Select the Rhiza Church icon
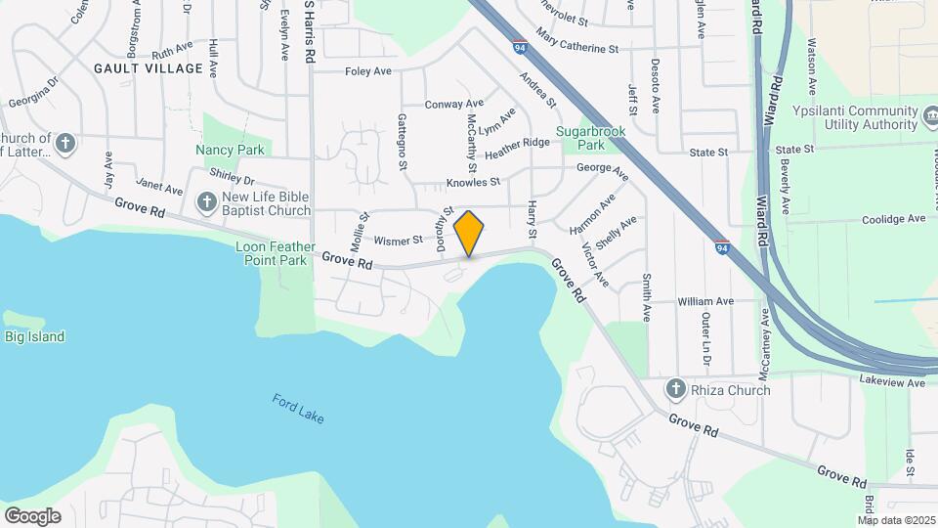click(675, 390)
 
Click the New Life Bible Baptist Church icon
click(206, 202)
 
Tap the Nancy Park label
click(230, 150)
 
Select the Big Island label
click(34, 337)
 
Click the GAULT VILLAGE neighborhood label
click(149, 68)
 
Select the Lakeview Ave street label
click(891, 382)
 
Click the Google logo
click(32, 516)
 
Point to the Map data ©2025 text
click(897, 520)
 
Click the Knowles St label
click(473, 182)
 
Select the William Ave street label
click(705, 301)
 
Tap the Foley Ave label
click(368, 71)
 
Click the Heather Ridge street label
click(517, 148)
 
